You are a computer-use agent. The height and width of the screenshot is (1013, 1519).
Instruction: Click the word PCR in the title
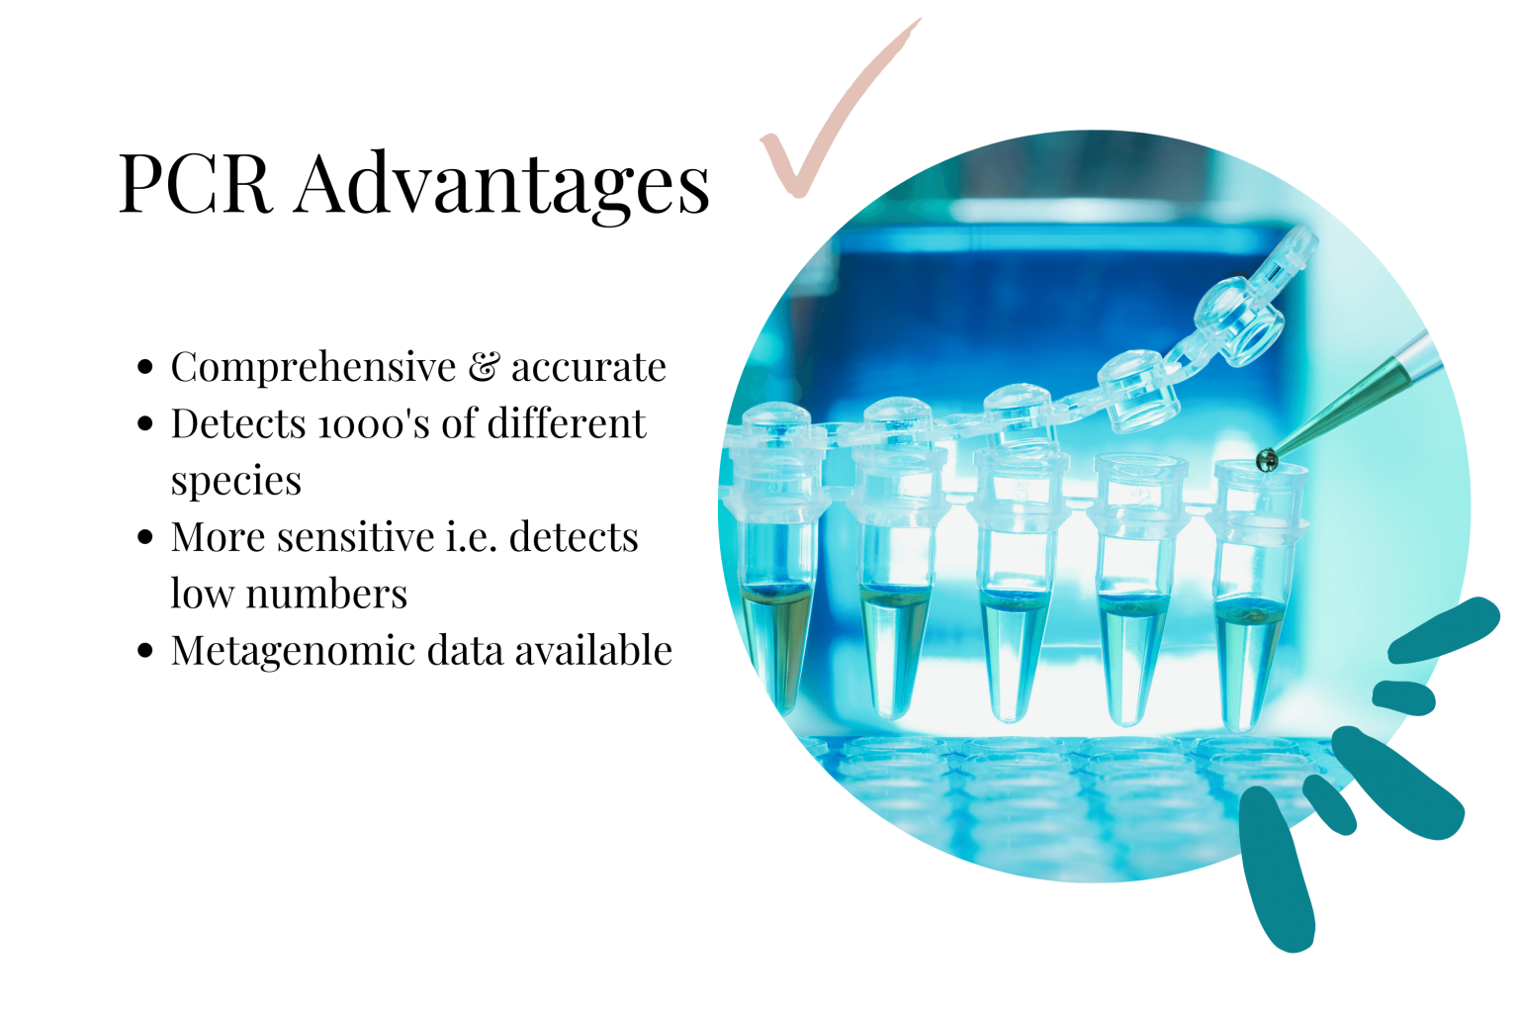click(195, 184)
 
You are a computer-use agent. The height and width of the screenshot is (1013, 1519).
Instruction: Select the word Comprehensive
click(313, 368)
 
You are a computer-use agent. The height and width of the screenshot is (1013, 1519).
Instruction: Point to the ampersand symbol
click(484, 367)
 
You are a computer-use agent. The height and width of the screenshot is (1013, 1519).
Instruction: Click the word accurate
click(588, 368)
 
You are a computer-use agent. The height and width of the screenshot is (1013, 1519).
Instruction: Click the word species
click(235, 482)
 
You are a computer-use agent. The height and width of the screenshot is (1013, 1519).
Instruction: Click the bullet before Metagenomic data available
click(146, 651)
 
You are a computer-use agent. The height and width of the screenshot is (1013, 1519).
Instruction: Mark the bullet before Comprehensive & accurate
click(146, 367)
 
